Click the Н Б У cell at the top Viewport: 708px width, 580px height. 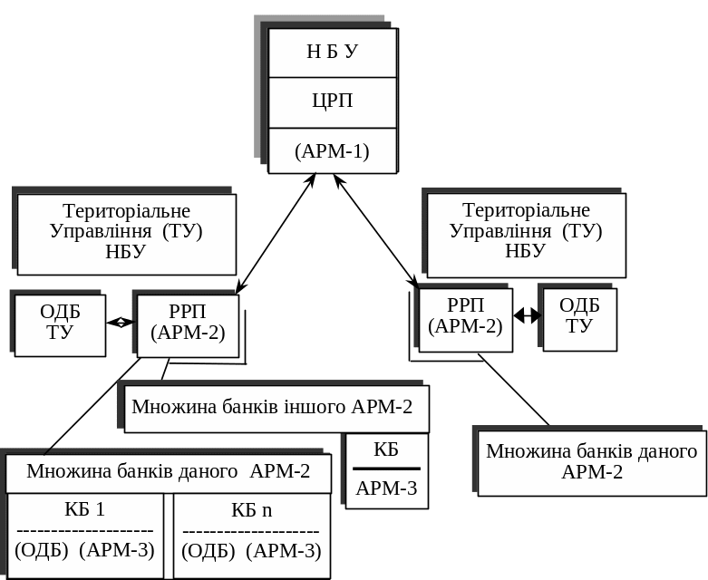click(x=333, y=52)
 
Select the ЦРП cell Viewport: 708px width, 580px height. click(x=333, y=101)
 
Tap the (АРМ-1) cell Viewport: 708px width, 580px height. click(x=333, y=150)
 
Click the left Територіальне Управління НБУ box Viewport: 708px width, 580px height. click(x=126, y=233)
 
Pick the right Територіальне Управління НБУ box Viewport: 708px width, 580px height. click(x=526, y=234)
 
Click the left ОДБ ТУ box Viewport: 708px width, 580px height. click(x=60, y=323)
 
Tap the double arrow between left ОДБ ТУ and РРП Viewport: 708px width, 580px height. click(x=120, y=322)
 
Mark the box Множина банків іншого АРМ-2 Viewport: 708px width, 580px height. click(x=272, y=407)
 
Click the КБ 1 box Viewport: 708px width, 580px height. click(x=85, y=534)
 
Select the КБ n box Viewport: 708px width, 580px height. click(x=251, y=534)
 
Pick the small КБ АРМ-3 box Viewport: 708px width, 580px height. click(x=386, y=469)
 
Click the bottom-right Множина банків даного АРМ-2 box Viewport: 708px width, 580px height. click(x=591, y=462)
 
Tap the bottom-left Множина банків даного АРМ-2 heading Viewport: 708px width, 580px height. click(x=169, y=471)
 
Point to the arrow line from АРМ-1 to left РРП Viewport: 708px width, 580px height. click(x=275, y=234)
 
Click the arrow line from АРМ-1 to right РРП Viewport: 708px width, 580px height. click(x=375, y=232)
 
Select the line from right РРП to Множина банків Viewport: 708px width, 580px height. click(x=513, y=389)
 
